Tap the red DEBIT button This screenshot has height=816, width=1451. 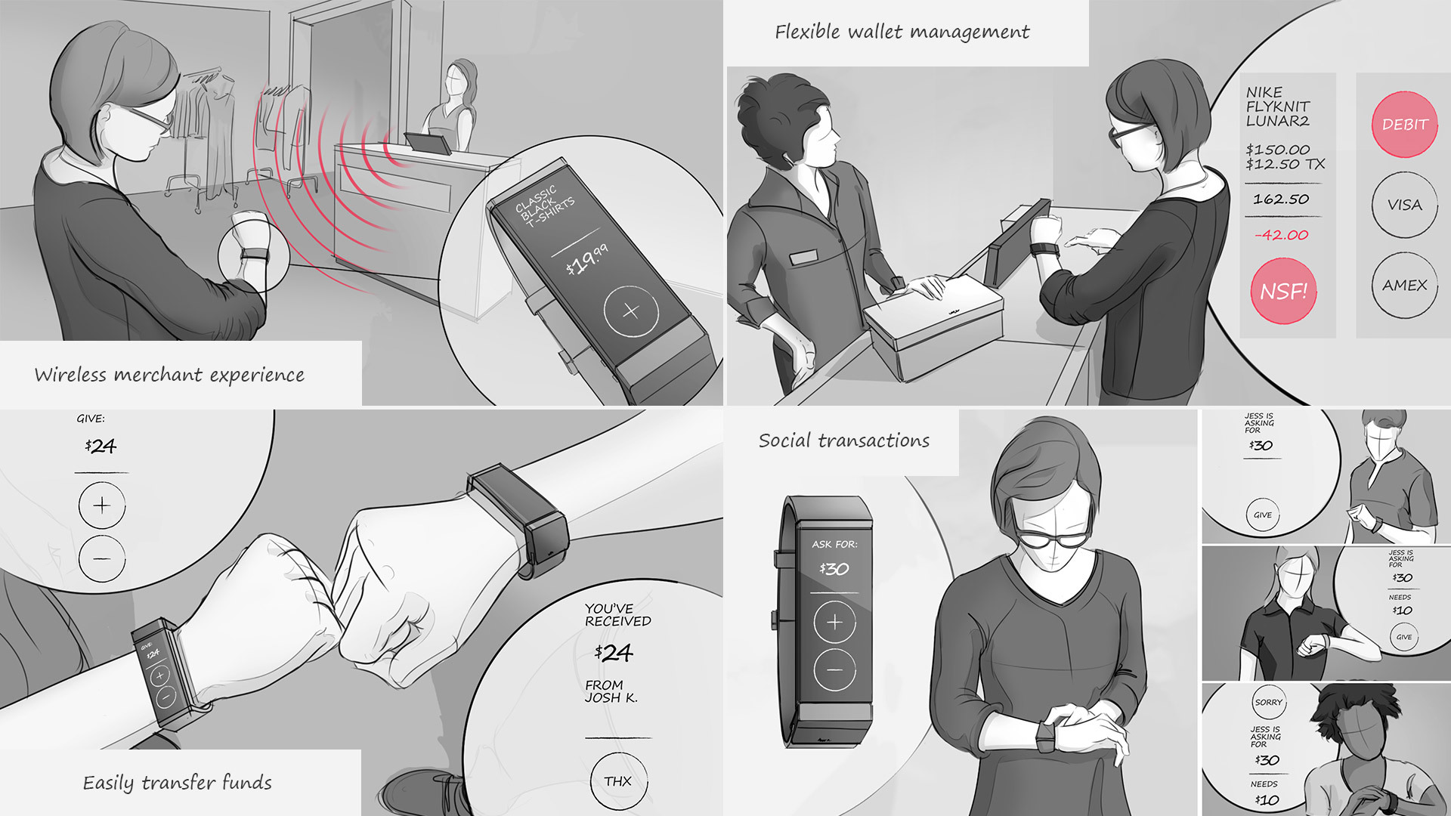tap(1404, 125)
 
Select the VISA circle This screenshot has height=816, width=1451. tap(1404, 205)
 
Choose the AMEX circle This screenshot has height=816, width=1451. tap(1404, 285)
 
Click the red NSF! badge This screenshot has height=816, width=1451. tap(1283, 291)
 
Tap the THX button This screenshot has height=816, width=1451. tap(618, 781)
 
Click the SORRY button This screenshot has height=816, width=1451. tap(1268, 702)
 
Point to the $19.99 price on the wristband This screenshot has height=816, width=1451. tap(586, 260)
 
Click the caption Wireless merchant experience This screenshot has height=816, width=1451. tap(169, 375)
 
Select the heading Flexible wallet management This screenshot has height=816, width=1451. tap(902, 32)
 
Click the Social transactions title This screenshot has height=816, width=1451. tap(843, 440)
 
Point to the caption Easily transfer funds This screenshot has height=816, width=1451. tap(177, 783)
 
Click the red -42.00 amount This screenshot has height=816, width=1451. tap(1281, 235)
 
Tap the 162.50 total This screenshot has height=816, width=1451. tap(1281, 199)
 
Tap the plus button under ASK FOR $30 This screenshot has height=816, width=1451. tap(834, 622)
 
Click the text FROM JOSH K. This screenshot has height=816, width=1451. tap(611, 691)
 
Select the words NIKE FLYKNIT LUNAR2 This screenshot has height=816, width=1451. tap(1277, 107)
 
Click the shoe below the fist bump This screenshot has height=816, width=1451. tap(423, 793)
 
